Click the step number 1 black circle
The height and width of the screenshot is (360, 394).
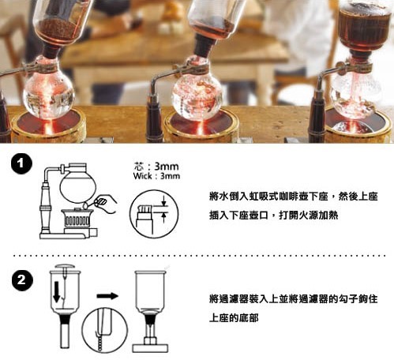coord(21,164)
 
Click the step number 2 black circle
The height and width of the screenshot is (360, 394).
coord(22,280)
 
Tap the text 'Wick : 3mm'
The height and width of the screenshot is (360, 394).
coord(156,176)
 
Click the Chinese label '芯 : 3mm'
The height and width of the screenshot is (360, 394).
coord(156,167)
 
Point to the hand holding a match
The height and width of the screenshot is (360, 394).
coord(106,204)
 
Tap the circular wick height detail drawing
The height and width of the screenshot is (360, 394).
coord(154,214)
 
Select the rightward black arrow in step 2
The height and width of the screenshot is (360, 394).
coord(107,296)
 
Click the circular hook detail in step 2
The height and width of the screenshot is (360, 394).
coord(104,330)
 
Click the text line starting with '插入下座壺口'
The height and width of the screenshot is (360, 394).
coord(273,216)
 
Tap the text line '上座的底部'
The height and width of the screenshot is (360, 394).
coord(234,318)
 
